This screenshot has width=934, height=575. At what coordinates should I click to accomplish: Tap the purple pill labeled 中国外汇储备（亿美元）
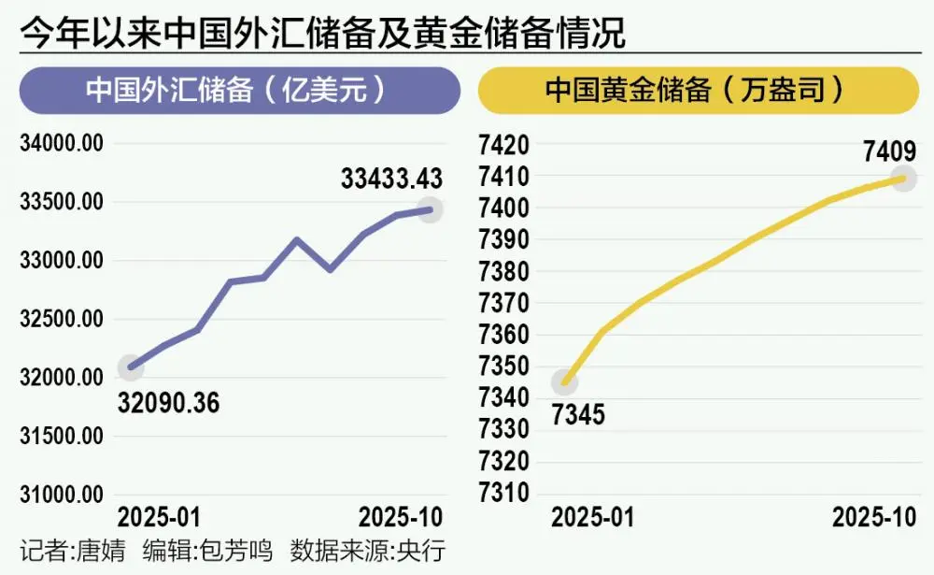pyautogui.click(x=240, y=92)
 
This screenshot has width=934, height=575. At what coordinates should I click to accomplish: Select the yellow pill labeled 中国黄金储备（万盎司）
pyautogui.click(x=698, y=92)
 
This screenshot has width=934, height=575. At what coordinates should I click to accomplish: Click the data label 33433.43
pyautogui.click(x=390, y=178)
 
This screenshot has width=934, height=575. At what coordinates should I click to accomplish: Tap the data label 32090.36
pyautogui.click(x=169, y=404)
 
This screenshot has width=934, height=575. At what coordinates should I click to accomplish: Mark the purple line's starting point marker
pyautogui.click(x=132, y=367)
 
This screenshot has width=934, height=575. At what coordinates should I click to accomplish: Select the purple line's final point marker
pyautogui.click(x=430, y=209)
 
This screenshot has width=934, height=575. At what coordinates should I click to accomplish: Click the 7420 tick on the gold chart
pyautogui.click(x=505, y=145)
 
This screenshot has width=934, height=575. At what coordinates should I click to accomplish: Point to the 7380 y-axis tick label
pyautogui.click(x=505, y=272)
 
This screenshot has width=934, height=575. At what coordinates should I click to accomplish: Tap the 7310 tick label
pyautogui.click(x=505, y=494)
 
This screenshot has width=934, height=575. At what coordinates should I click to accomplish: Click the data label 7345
pyautogui.click(x=577, y=413)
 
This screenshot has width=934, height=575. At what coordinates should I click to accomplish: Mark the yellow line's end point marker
pyautogui.click(x=902, y=178)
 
